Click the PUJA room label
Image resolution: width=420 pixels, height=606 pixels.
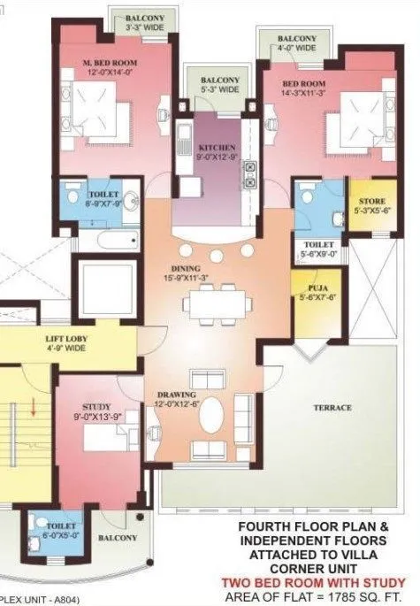308,288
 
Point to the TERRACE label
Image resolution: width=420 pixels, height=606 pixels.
332,408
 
